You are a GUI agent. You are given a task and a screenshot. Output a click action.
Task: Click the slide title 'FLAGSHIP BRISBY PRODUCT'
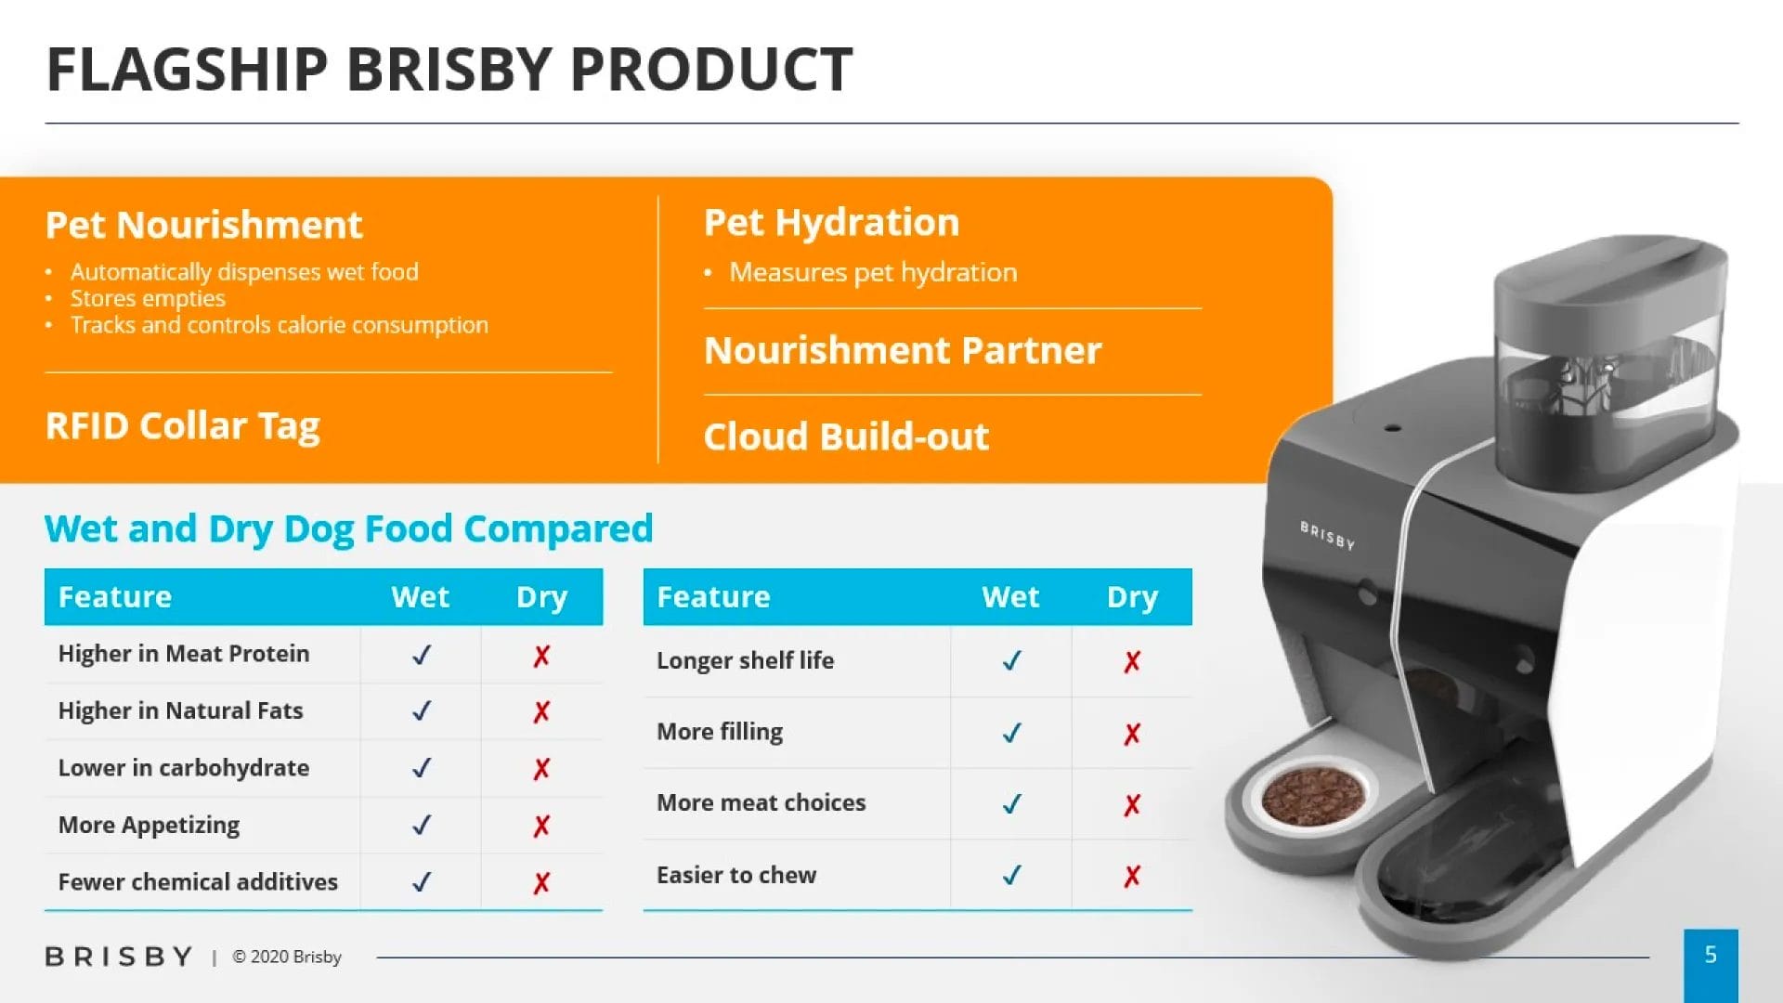449,70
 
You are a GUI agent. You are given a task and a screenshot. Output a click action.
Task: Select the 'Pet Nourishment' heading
203,225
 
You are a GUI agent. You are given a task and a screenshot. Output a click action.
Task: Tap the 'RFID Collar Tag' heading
183,426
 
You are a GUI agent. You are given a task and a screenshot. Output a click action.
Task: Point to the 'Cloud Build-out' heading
846,436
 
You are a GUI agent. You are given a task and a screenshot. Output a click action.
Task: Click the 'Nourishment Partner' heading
903,350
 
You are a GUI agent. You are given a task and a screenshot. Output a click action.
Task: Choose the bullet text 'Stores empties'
148,298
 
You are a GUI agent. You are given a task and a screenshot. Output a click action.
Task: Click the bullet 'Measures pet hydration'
873,272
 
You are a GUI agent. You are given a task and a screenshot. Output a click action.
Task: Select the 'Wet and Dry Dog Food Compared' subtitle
349,528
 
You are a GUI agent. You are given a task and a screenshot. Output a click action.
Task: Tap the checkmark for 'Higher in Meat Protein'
422,655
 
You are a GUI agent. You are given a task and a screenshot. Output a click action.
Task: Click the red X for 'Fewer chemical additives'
541,882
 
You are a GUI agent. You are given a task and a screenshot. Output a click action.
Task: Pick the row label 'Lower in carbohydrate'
184,768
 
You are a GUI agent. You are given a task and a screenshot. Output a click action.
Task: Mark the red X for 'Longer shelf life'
1132,661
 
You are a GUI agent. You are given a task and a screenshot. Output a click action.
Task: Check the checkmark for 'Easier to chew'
1012,875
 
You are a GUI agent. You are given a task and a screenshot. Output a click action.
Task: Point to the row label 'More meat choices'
761,802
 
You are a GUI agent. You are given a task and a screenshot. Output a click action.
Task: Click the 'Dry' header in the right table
1132,597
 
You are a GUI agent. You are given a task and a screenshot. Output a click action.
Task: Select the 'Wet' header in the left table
421,596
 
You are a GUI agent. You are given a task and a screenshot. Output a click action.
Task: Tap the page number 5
1711,955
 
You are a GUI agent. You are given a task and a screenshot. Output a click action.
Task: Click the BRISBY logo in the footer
119,957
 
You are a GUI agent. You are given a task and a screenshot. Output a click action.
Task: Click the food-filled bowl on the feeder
1312,796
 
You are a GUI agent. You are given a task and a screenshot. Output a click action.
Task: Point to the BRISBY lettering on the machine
1327,535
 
